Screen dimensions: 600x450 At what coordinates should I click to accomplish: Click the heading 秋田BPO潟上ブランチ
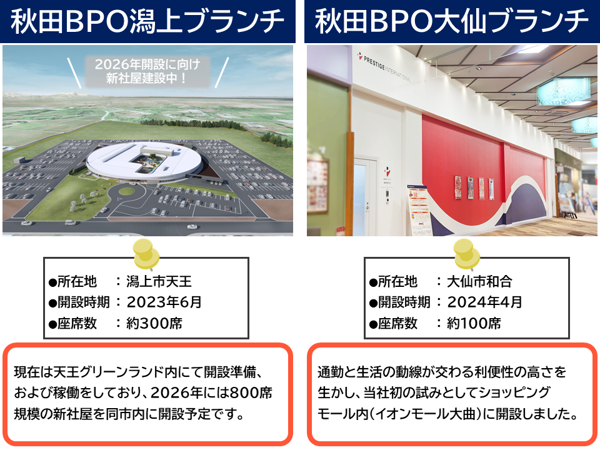(147, 21)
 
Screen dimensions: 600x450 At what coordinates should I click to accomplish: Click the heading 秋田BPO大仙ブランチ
(451, 21)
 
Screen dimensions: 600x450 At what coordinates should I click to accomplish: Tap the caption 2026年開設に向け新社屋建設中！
(147, 71)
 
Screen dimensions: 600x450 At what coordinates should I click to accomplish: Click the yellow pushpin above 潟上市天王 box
(146, 254)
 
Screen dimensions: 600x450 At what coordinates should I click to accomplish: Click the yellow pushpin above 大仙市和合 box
(466, 254)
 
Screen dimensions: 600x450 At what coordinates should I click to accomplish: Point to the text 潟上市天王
(159, 282)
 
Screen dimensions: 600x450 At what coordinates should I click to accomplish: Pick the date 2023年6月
(164, 302)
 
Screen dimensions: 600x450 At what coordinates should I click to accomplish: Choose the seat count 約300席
(154, 323)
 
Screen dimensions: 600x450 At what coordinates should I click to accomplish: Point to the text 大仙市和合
(479, 282)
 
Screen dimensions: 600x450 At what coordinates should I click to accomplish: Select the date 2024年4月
(484, 302)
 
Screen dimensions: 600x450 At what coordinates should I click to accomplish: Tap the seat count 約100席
(474, 323)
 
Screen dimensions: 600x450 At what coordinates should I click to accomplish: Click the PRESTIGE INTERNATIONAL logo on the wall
(384, 67)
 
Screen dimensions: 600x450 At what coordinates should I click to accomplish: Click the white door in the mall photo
(362, 195)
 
